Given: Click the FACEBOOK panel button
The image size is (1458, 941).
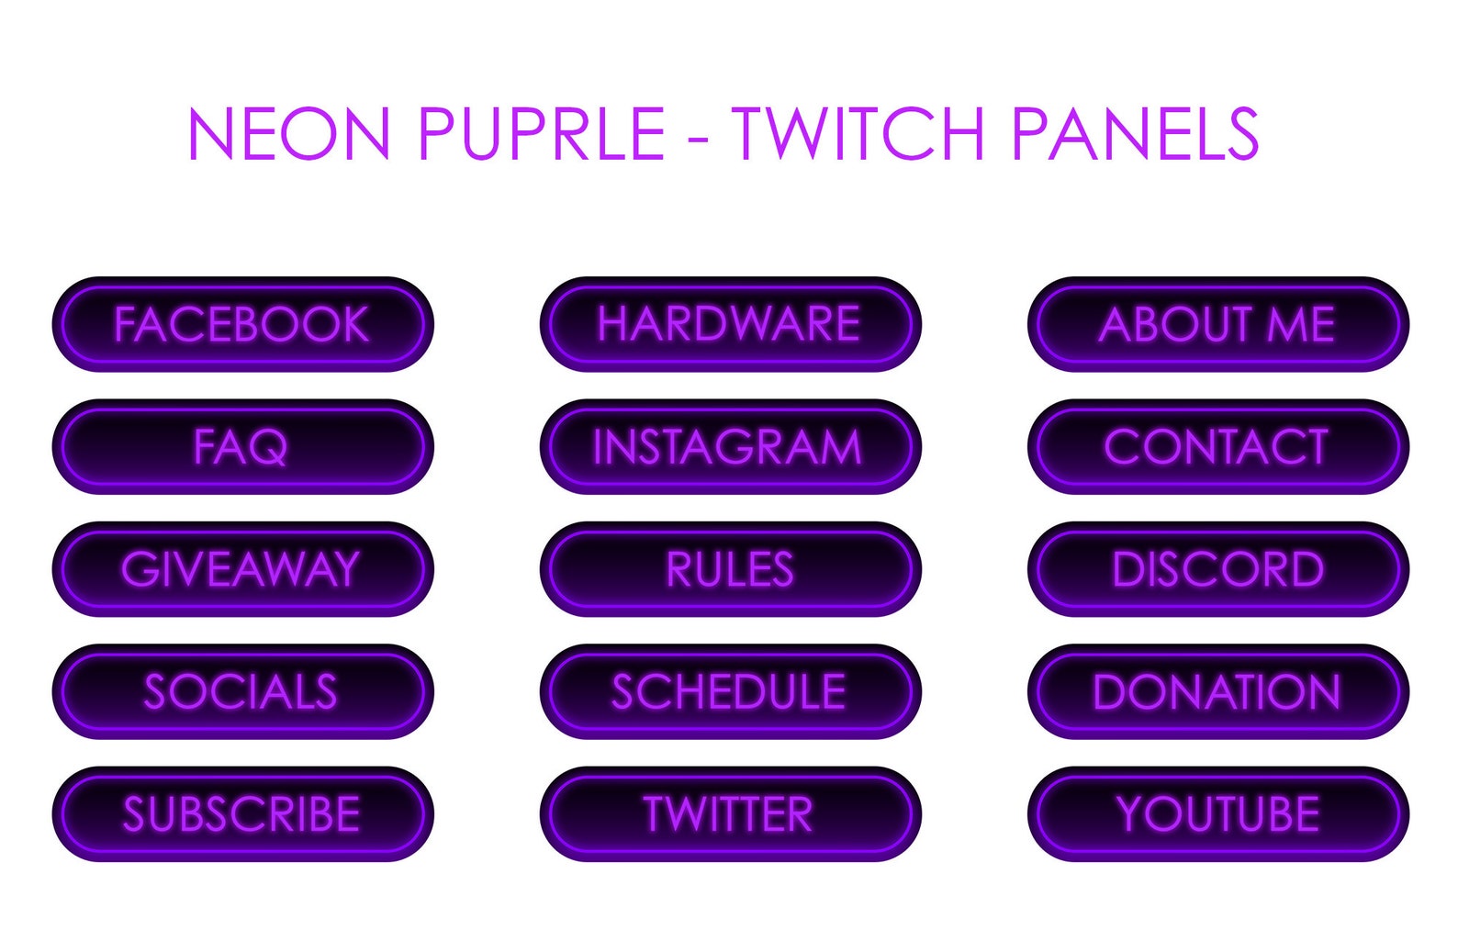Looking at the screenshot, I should point(242,324).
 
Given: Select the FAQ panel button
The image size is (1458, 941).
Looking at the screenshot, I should point(242,447).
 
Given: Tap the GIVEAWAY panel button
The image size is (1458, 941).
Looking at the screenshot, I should point(242,569).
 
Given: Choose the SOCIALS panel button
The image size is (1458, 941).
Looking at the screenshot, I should point(242,691).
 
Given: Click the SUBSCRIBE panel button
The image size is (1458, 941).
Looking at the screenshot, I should point(242,814).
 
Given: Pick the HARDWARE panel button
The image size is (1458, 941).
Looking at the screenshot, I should point(730,324).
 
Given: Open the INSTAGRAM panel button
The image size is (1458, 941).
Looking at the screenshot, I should point(730,447).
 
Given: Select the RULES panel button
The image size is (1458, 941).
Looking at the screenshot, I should point(730,569).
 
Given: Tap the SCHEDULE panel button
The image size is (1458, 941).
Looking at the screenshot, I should point(730,691).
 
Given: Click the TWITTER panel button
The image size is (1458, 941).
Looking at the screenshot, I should point(730,814).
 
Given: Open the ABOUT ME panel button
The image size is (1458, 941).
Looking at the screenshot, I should point(1217,324).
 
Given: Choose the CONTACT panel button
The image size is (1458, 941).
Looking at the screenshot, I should point(1217,447).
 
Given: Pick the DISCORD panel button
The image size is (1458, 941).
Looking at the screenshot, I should point(1217,569).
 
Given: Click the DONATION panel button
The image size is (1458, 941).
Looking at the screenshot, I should point(1217,691).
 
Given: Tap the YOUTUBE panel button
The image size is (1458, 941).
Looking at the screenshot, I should point(1217,814).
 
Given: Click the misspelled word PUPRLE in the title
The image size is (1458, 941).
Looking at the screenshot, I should point(541,134).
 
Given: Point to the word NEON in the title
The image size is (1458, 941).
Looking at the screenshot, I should point(289,134).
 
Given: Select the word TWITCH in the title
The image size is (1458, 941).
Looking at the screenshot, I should point(858,134).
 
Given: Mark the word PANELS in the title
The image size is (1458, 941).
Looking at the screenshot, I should point(1135,134).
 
